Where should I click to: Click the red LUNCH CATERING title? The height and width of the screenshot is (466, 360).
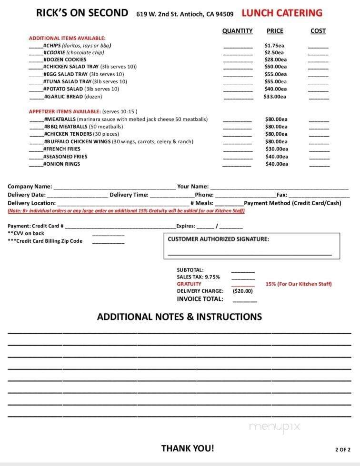tap(282, 13)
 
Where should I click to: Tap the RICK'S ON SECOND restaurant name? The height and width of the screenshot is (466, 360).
tap(82, 13)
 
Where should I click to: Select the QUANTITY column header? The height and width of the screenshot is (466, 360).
tap(237, 31)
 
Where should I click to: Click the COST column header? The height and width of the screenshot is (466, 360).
tap(318, 31)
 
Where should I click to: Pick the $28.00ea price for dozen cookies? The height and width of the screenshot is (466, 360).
tap(275, 60)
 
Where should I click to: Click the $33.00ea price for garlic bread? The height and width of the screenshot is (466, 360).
tap(275, 97)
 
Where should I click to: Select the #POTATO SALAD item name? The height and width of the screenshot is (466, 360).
tap(63, 89)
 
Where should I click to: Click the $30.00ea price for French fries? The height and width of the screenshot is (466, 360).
tap(276, 149)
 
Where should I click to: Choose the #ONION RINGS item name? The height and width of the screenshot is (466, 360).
tap(62, 164)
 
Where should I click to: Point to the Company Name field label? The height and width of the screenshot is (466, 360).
tap(30, 187)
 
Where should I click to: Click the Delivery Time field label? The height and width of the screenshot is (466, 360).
tap(129, 195)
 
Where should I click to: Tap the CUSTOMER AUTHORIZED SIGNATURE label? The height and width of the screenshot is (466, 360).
tap(218, 239)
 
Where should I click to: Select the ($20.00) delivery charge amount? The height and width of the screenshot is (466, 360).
tap(242, 291)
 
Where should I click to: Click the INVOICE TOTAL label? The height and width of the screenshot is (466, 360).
tap(200, 299)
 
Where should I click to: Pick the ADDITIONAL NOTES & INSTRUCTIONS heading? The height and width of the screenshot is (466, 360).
tap(180, 317)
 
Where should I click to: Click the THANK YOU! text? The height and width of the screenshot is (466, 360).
tap(188, 448)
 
